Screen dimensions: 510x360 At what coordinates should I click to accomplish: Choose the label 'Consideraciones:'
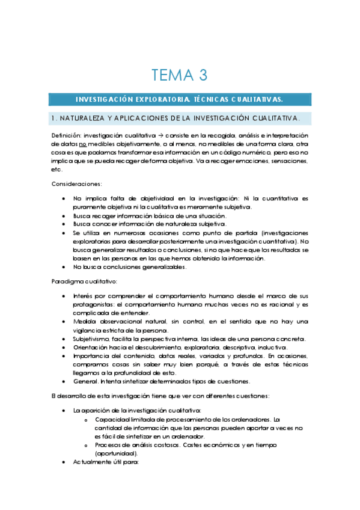click(77, 183)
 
